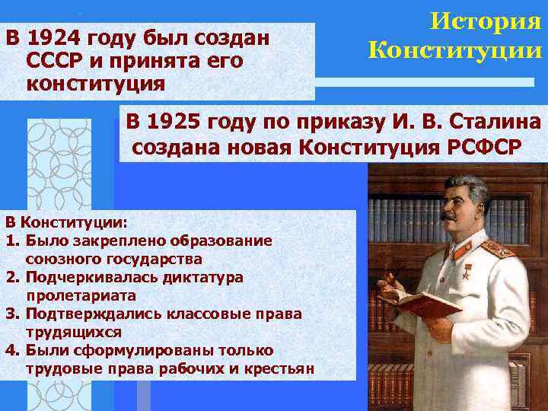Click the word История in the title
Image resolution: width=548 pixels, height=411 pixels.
click(485, 21)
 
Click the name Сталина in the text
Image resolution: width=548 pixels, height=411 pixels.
click(495, 122)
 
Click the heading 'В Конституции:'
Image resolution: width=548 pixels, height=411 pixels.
click(67, 222)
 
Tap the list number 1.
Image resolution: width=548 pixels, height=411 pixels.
click(11, 241)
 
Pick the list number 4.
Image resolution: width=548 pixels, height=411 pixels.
click(11, 350)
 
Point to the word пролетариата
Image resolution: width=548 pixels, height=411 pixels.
click(81, 295)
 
